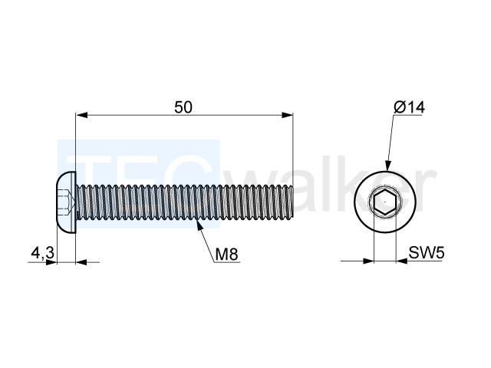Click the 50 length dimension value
click(183, 107)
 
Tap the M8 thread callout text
click(227, 254)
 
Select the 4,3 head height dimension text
click(43, 253)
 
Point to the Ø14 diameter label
click(410, 107)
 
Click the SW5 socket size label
click(427, 252)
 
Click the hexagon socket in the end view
click(385, 202)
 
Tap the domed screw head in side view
click(67, 202)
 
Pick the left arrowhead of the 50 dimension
click(81, 115)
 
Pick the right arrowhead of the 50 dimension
click(288, 115)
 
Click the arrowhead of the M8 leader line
click(199, 225)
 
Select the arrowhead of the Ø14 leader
click(387, 166)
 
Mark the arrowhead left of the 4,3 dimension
click(51, 262)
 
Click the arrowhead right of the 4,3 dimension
click(81, 262)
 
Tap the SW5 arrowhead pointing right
click(368, 261)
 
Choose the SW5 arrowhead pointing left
click(402, 261)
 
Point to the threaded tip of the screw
click(292, 202)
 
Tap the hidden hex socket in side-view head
click(67, 202)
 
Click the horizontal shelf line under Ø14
click(407, 116)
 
